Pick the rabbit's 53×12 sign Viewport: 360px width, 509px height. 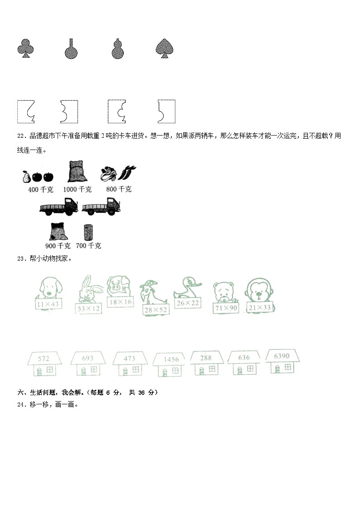[x=89, y=309]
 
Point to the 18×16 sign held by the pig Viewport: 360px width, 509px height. [x=120, y=302]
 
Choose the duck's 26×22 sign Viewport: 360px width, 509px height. [x=188, y=303]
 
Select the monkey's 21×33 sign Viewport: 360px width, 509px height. [x=260, y=308]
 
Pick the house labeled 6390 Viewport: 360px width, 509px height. [x=282, y=361]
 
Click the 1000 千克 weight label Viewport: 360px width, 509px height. [x=78, y=189]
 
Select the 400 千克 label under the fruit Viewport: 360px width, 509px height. [x=39, y=189]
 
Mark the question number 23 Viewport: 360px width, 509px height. [x=21, y=259]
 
